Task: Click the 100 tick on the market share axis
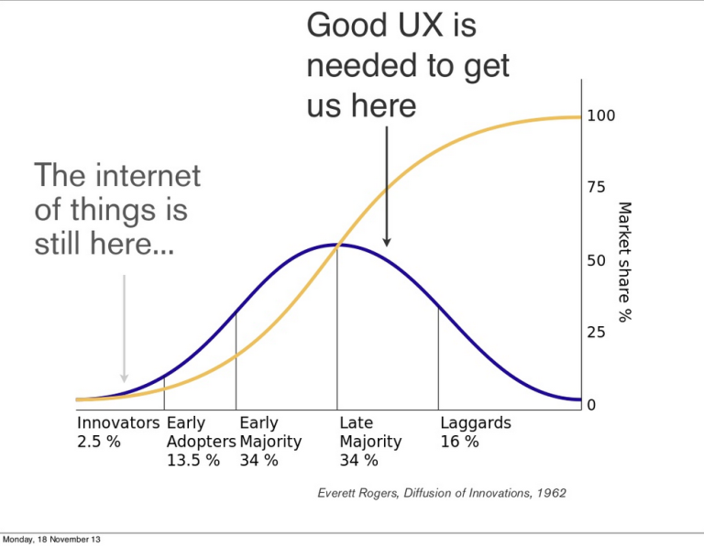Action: pos(601,116)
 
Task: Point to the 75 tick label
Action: pos(597,188)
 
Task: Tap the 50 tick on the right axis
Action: pos(597,260)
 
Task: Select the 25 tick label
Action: pos(597,333)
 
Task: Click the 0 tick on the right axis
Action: pos(591,404)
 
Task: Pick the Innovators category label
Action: pos(118,423)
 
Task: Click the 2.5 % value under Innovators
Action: pos(98,442)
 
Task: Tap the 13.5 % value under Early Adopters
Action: pos(192,460)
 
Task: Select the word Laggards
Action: pos(476,423)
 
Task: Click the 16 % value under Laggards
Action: pos(459,442)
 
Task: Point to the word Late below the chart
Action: pos(356,423)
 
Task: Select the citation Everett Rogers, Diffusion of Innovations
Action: pos(441,493)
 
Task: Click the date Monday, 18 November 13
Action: pos(52,539)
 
